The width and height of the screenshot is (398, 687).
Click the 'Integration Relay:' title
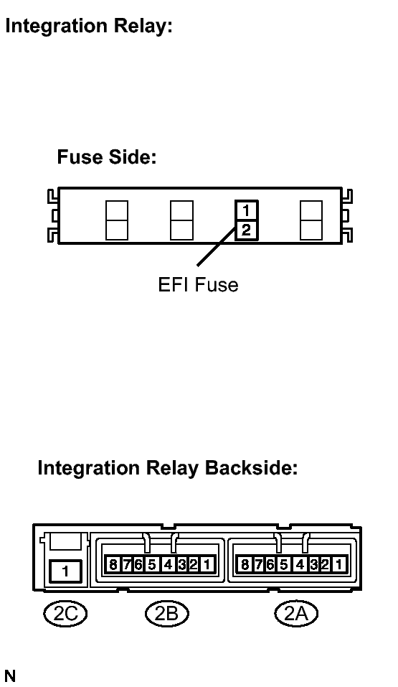pos(89,27)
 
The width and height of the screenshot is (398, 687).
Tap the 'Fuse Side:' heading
pos(107,156)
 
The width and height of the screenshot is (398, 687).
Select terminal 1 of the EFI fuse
pos(246,211)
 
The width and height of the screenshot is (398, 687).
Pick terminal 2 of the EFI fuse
pos(246,230)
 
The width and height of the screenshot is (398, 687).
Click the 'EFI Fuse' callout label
pos(198,285)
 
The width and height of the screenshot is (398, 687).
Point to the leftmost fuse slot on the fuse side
pos(117,220)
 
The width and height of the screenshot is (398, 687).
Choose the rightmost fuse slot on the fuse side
pos(311,220)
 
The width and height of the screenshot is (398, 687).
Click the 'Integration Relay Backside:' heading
pos(168,468)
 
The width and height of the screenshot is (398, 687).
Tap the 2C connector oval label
pos(65,613)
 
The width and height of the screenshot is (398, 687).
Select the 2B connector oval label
pos(167,613)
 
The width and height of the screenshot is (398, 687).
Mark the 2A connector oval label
pos(296,613)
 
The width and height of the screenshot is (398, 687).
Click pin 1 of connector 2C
pos(65,571)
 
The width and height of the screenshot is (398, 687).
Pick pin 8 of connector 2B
pos(113,564)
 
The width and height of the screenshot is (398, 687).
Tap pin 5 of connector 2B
pos(152,564)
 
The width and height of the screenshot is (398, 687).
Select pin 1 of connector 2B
pos(207,564)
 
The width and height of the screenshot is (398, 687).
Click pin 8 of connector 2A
pos(245,564)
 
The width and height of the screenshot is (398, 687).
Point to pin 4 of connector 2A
pos(300,564)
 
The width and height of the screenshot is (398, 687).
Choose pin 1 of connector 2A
pos(338,564)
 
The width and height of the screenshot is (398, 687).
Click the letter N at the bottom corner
pos(9,676)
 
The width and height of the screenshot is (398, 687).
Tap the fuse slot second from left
pos(181,220)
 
